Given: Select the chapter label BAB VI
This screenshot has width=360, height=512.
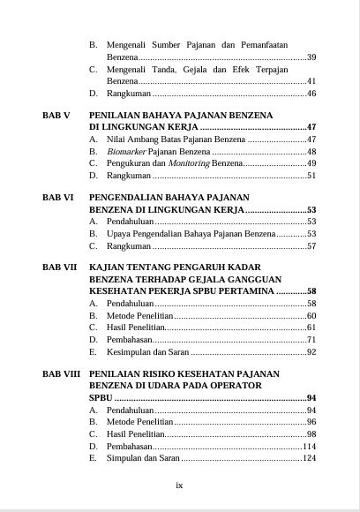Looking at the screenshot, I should tap(57, 198).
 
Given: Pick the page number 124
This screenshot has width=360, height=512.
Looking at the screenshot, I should tap(309, 458).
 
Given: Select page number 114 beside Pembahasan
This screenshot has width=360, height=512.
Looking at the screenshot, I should tap(309, 446).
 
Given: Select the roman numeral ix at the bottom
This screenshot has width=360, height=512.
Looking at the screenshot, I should tap(179, 485).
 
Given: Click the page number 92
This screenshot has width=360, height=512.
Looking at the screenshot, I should tap(311, 351).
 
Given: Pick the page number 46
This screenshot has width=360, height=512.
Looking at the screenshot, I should tap(311, 93).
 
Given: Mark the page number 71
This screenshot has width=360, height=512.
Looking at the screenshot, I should tap(311, 339).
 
